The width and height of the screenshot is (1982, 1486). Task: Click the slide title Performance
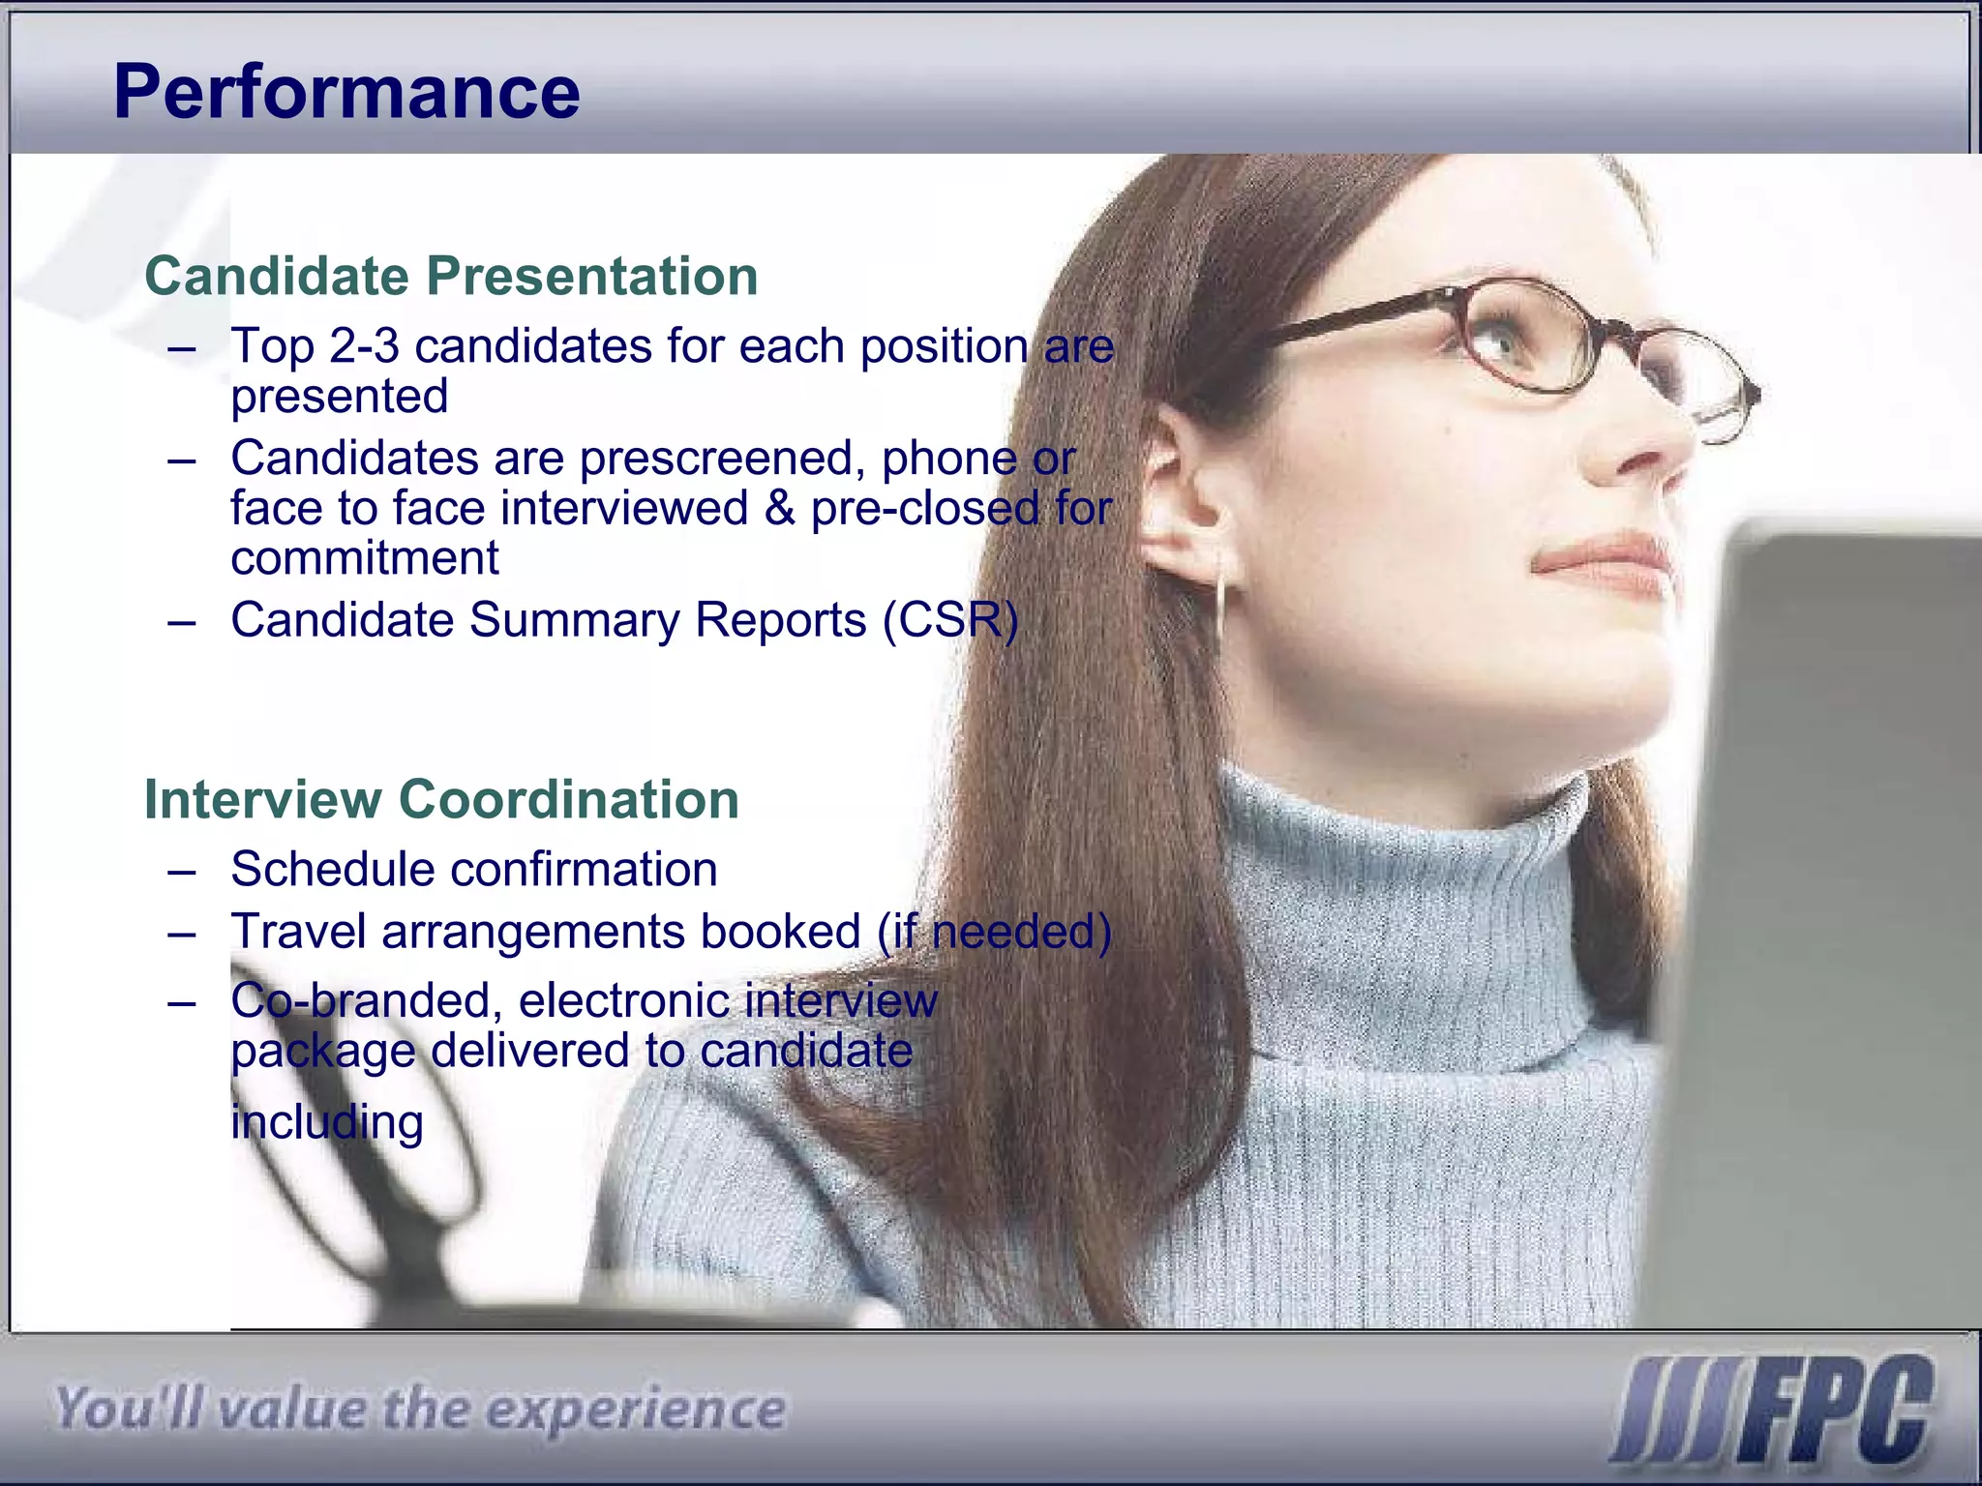(x=346, y=92)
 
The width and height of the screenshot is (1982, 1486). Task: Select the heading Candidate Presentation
(x=450, y=276)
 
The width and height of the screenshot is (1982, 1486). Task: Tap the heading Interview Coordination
(x=440, y=799)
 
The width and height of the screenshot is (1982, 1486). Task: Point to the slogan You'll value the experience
(x=418, y=1409)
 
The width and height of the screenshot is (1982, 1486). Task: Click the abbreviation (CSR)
(x=949, y=620)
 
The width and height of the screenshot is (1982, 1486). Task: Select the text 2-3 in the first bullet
(x=363, y=346)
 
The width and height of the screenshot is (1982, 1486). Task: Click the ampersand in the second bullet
(x=779, y=509)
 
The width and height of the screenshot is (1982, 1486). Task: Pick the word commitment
(x=364, y=558)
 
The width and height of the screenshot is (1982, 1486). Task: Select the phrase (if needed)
(x=994, y=932)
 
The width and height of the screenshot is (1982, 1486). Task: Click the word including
(x=327, y=1122)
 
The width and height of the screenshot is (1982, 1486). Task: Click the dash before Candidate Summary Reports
(x=181, y=621)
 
